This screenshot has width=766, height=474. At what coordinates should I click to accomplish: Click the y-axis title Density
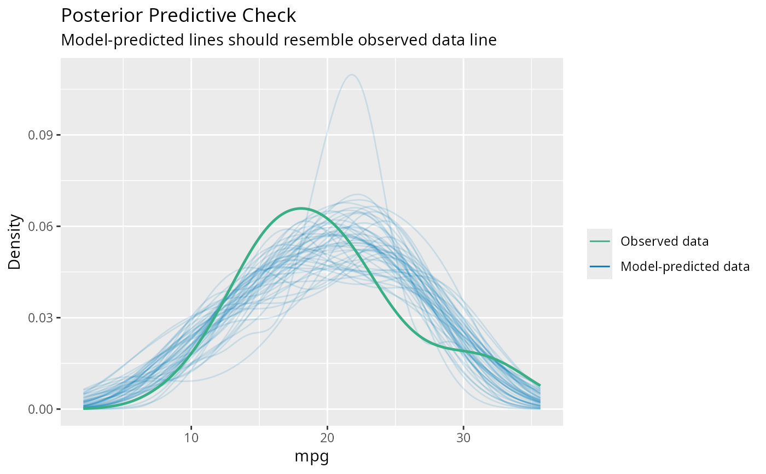[15, 241]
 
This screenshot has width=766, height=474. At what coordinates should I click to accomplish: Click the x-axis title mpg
[311, 456]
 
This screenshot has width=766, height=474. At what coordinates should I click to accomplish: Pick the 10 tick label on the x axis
[191, 437]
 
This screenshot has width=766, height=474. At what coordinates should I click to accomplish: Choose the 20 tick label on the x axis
[327, 437]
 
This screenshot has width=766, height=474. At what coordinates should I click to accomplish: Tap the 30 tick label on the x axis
[463, 437]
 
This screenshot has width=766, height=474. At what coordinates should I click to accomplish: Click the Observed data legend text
[665, 241]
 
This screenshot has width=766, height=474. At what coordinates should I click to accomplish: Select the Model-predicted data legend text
[685, 267]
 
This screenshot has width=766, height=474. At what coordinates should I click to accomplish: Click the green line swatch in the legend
[600, 241]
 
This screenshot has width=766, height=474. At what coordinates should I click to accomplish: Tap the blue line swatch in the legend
[600, 267]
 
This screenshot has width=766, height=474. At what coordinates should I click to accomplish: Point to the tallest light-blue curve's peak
[351, 74]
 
